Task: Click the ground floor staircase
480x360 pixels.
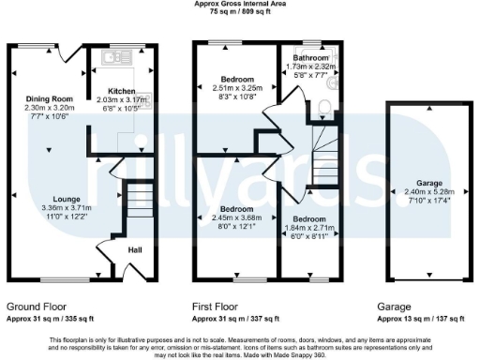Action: [137, 201]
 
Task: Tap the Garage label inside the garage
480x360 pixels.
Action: [416, 183]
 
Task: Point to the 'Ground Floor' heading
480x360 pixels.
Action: [37, 307]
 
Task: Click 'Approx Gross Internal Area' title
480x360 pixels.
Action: [239, 5]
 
